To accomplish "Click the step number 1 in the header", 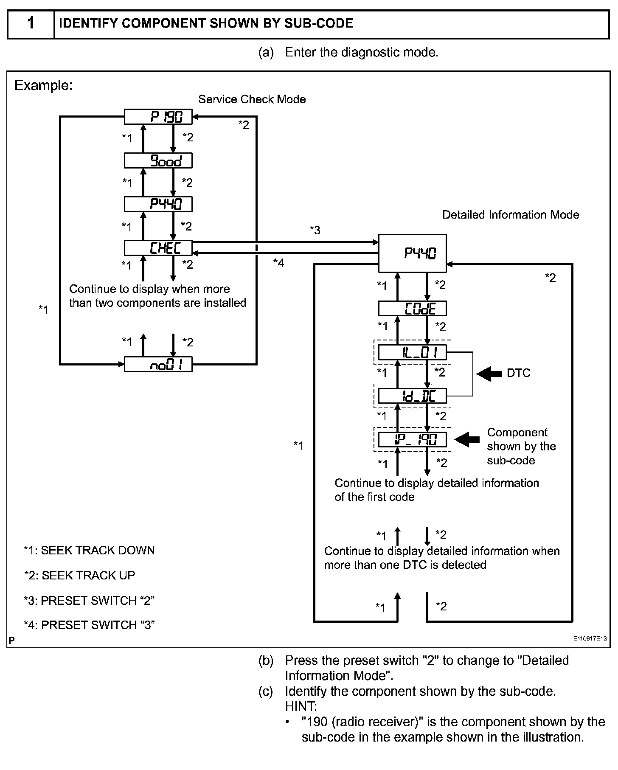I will coord(31,23).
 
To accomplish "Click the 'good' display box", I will coord(158,161).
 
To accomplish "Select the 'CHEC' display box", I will coord(158,248).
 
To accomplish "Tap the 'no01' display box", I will coord(158,365).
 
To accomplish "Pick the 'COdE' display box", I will coord(412,309).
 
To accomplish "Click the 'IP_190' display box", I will coord(412,440).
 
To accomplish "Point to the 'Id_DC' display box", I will coord(412,396).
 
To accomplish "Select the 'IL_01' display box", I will coord(412,353).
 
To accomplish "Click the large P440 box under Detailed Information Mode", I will coord(412,253).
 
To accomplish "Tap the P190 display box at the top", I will coord(158,117).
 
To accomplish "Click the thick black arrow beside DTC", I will coord(489,374).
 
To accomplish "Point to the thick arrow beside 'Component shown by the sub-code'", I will coord(467,439).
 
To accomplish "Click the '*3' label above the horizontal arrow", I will coord(315,230).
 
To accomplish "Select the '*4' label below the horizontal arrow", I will coord(278,263).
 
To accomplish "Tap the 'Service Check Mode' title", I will coord(252,99).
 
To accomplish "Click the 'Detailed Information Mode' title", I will coord(511,215).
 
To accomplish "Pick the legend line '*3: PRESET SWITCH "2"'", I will coord(89,601).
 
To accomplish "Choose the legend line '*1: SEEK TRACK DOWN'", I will coord(89,551).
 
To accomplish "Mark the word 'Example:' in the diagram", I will coord(43,86).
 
